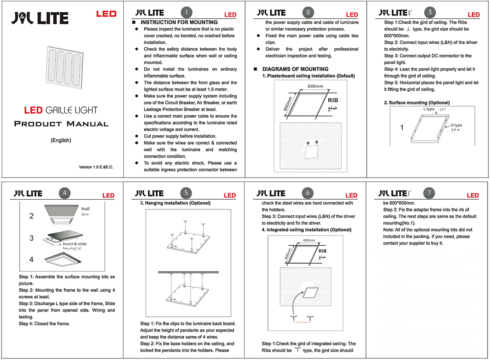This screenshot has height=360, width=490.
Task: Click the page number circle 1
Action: (x=187, y=12)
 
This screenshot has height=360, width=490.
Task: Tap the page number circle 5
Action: (x=186, y=193)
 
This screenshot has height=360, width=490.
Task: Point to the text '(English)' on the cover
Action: (x=61, y=140)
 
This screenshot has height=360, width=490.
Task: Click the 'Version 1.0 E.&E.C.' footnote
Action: (x=96, y=167)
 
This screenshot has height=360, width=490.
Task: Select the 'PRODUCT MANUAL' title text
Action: (x=61, y=124)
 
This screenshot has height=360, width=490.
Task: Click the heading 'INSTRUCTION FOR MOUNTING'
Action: (x=179, y=22)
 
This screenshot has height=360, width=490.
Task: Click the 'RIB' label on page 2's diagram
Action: (x=333, y=100)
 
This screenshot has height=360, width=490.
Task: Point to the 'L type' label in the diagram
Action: (x=429, y=110)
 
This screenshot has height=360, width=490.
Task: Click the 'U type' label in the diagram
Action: (x=457, y=125)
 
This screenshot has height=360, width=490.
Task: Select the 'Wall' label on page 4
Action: (x=85, y=209)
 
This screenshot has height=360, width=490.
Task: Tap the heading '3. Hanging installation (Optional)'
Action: (x=178, y=203)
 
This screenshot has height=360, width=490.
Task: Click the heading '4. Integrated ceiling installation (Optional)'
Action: (x=306, y=230)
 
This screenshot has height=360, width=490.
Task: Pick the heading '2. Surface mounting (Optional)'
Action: (x=416, y=103)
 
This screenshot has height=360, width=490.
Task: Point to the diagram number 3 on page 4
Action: (x=31, y=238)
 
